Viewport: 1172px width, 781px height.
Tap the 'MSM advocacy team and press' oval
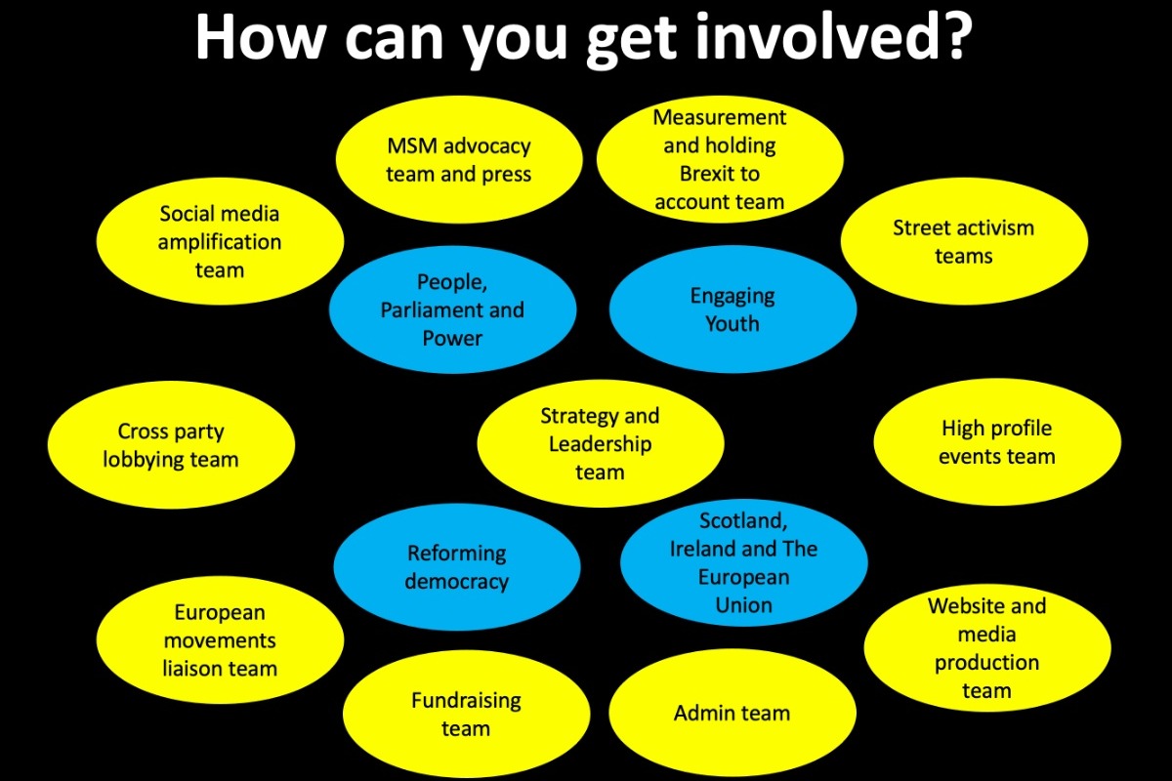[459, 159]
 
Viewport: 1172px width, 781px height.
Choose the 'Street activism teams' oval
[964, 241]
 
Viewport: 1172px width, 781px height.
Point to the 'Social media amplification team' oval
[220, 241]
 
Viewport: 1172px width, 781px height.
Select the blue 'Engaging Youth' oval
[732, 309]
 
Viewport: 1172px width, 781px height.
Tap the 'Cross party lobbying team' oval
[171, 445]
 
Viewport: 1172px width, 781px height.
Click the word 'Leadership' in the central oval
[600, 444]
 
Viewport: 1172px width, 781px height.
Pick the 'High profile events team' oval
[997, 442]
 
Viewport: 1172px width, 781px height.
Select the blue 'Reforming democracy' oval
[457, 567]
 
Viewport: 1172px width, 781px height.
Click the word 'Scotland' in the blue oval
[743, 521]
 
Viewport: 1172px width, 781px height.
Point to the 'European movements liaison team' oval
[220, 639]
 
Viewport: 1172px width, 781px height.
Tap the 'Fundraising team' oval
[466, 714]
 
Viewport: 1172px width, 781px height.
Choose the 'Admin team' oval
[732, 713]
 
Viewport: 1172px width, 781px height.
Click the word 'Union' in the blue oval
[743, 605]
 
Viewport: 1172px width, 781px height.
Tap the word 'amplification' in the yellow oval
[220, 243]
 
